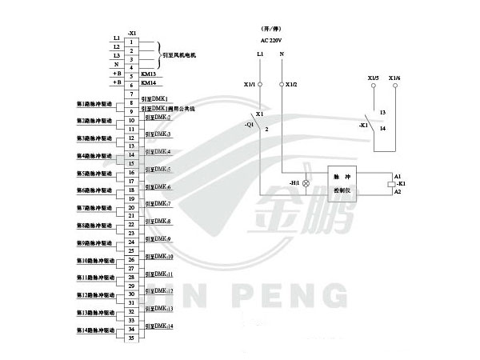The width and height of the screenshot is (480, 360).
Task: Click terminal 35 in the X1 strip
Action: pos(130,338)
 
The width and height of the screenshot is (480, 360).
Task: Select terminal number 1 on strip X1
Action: pos(130,41)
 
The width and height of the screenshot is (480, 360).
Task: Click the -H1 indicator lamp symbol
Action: pos(306,183)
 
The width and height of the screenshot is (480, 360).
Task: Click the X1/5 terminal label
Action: pos(373,78)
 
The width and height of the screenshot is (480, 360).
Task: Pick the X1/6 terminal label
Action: pos(394,78)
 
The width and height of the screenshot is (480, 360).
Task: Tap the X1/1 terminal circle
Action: pos(260,84)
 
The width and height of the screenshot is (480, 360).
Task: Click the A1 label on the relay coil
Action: pos(398,174)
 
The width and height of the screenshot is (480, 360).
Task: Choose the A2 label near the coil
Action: pos(398,192)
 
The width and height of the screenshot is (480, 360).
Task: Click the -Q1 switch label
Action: pos(250,126)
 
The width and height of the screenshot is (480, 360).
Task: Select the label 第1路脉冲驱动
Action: pos(95,104)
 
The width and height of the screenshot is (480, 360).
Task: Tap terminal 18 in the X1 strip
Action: pos(130,190)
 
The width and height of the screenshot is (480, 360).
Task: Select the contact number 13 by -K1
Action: pos(383,113)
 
